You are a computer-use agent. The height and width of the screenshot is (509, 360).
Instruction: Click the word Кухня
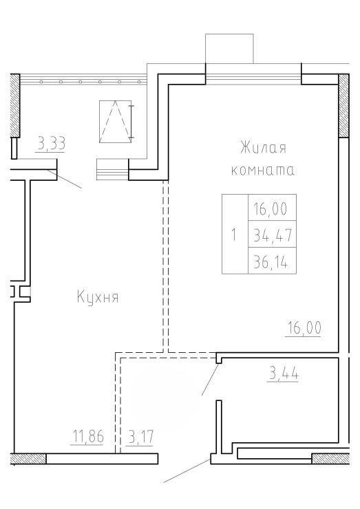98,296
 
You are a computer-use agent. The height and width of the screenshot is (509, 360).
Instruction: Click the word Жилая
263,148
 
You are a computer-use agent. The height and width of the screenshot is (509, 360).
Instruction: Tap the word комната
262,170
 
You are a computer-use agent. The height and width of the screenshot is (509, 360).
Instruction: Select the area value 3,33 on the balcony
52,144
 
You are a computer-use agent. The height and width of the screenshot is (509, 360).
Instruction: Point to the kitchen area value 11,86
87,436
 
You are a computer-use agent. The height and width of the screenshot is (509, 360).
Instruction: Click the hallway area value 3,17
140,436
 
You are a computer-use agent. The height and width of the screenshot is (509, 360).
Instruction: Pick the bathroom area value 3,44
283,373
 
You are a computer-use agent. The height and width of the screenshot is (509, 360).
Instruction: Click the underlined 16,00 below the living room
304,327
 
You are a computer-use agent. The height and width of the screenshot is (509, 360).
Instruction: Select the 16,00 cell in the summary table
273,208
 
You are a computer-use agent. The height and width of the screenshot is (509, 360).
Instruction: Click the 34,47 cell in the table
273,234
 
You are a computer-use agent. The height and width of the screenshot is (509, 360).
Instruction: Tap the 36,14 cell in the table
273,261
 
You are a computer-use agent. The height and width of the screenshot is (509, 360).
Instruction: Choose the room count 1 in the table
234,235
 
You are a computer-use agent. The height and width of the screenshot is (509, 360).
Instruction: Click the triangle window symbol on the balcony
116,122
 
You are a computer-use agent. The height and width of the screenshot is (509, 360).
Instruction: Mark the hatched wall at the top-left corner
15,105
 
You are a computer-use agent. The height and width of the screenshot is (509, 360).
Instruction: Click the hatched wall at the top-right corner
343,105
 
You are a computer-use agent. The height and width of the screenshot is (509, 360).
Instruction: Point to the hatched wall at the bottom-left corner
28,458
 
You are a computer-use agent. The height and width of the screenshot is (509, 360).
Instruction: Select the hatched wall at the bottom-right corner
330,458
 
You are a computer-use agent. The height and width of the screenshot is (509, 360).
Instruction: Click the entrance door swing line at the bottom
187,470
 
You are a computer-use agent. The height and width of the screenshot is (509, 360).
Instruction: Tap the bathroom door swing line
210,379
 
